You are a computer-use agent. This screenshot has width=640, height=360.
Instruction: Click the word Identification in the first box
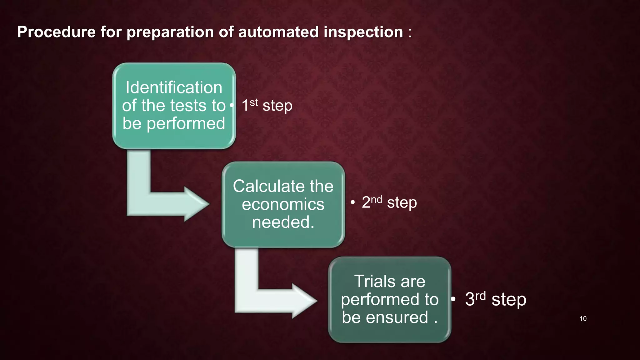point(174,87)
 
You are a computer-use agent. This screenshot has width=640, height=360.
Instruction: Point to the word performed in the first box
point(186,123)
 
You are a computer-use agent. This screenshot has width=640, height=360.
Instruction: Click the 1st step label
point(267,105)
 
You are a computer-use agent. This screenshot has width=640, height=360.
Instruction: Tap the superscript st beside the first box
point(254,102)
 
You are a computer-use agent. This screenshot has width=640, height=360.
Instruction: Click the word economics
point(283,204)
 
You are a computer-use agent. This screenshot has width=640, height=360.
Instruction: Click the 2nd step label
point(389,202)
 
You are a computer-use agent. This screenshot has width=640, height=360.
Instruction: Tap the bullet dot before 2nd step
point(352,202)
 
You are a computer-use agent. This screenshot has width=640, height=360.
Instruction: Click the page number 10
point(583,319)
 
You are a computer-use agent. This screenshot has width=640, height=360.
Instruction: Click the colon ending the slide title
point(410,32)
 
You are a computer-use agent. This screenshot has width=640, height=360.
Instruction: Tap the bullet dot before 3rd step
point(453,299)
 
